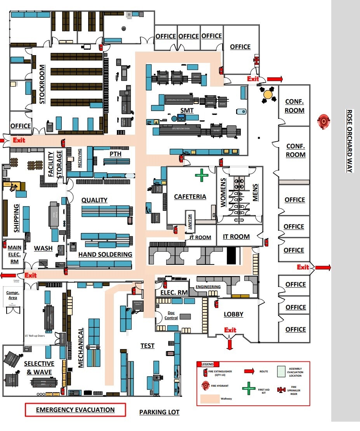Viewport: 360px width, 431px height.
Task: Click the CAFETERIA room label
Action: (x=190, y=196)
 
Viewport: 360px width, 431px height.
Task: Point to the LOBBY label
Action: (x=233, y=314)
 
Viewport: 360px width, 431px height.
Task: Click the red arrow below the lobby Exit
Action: (x=230, y=344)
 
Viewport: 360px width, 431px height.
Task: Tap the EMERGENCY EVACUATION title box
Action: (x=75, y=410)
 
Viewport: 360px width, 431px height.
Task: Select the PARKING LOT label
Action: (x=159, y=412)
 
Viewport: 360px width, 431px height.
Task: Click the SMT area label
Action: (x=187, y=111)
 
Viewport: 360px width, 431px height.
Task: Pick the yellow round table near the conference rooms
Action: (x=268, y=94)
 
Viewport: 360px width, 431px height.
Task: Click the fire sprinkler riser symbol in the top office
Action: (x=256, y=60)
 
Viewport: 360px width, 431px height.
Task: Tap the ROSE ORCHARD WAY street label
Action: (x=349, y=141)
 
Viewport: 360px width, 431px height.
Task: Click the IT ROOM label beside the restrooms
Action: (x=236, y=236)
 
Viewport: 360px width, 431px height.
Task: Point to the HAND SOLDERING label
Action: (x=105, y=255)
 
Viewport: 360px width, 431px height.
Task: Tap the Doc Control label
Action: (x=171, y=315)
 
